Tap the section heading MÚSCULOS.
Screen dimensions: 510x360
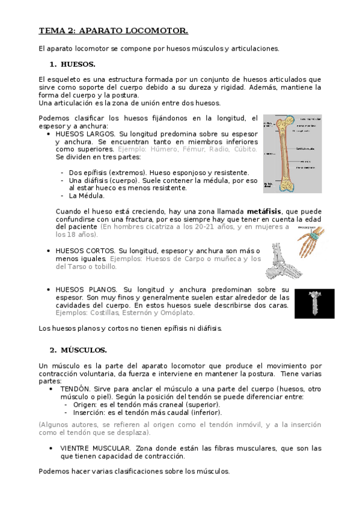pyautogui.click(x=84, y=349)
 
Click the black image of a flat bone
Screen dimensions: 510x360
pyautogui.click(x=314, y=303)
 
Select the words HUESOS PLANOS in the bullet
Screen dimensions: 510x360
pyautogui.click(x=85, y=289)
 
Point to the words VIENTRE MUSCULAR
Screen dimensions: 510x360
pyautogui.click(x=96, y=449)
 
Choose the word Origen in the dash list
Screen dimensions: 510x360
pyautogui.click(x=84, y=405)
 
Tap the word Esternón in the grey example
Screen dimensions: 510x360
pyautogui.click(x=139, y=313)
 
